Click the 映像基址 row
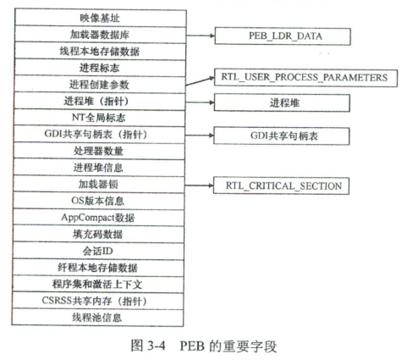101,18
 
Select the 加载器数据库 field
101,35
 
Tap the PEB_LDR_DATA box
283,36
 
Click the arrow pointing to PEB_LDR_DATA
201,36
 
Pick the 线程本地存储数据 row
100,51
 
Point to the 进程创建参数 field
100,85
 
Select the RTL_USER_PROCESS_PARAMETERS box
305,78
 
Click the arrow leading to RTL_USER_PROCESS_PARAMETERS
200,81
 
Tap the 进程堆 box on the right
282,102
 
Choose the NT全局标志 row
100,118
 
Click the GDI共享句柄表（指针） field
99,135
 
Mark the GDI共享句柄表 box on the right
282,136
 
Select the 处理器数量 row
99,151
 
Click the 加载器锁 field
99,185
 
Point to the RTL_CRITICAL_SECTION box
281,186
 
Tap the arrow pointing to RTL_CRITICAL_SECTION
199,186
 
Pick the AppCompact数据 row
98,218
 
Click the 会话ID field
98,251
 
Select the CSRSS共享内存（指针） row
97,301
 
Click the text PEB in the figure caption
192,346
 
